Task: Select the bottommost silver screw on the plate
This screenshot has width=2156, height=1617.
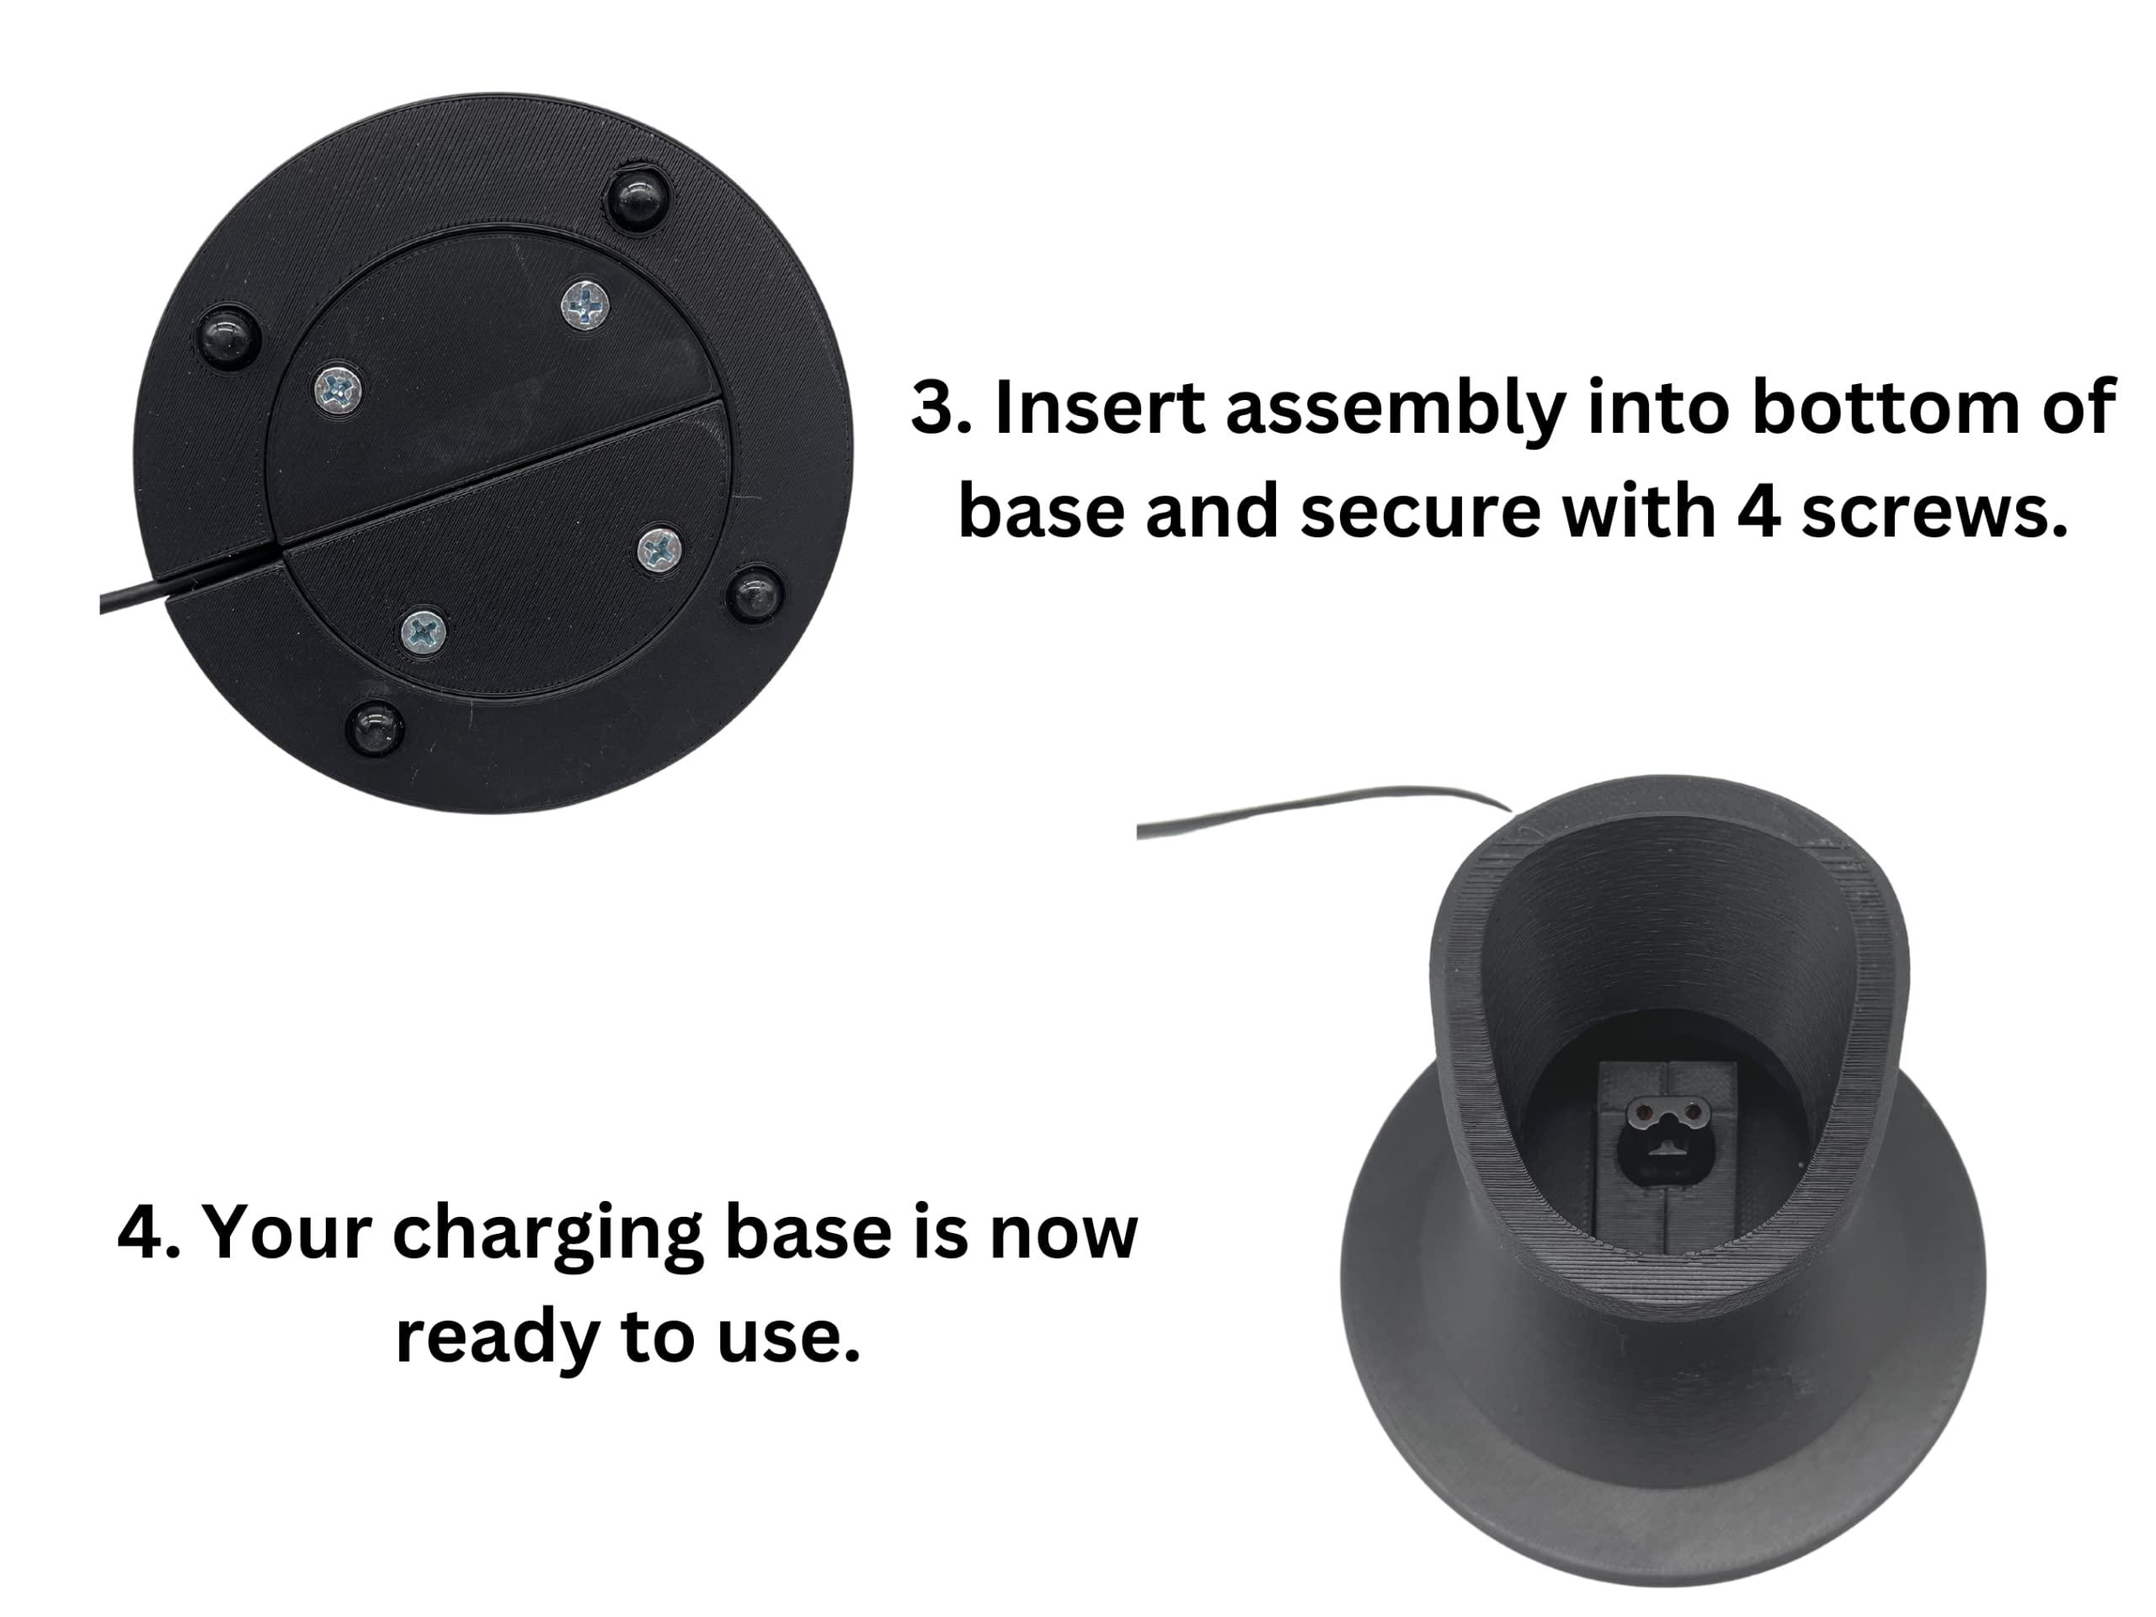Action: [424, 632]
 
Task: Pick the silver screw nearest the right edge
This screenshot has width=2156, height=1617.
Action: [660, 550]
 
